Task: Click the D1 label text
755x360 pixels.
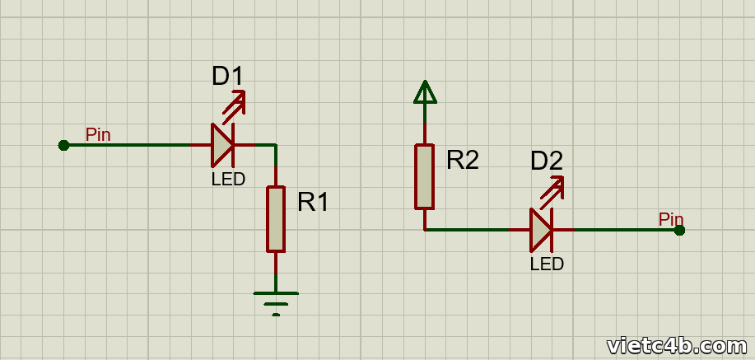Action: coord(228,77)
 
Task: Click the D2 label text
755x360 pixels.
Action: coord(547,161)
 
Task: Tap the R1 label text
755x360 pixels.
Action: coord(313,202)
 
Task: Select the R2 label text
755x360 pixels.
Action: coord(462,160)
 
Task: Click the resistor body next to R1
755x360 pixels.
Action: coord(276,219)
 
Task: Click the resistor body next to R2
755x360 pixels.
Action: coord(425,177)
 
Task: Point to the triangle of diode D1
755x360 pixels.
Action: coord(222,145)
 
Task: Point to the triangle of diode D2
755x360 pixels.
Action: coord(541,230)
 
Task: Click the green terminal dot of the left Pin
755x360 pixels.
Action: coord(63,145)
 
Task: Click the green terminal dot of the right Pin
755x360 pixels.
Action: coord(679,231)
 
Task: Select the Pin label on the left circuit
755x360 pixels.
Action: coord(98,134)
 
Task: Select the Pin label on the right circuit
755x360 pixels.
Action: coord(671,219)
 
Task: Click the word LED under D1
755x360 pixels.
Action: coord(228,180)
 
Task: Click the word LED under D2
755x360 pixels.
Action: coord(547,264)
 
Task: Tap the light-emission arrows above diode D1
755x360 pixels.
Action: coord(235,102)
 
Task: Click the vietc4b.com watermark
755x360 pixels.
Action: coord(677,346)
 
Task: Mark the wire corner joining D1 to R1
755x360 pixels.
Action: coord(276,145)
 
